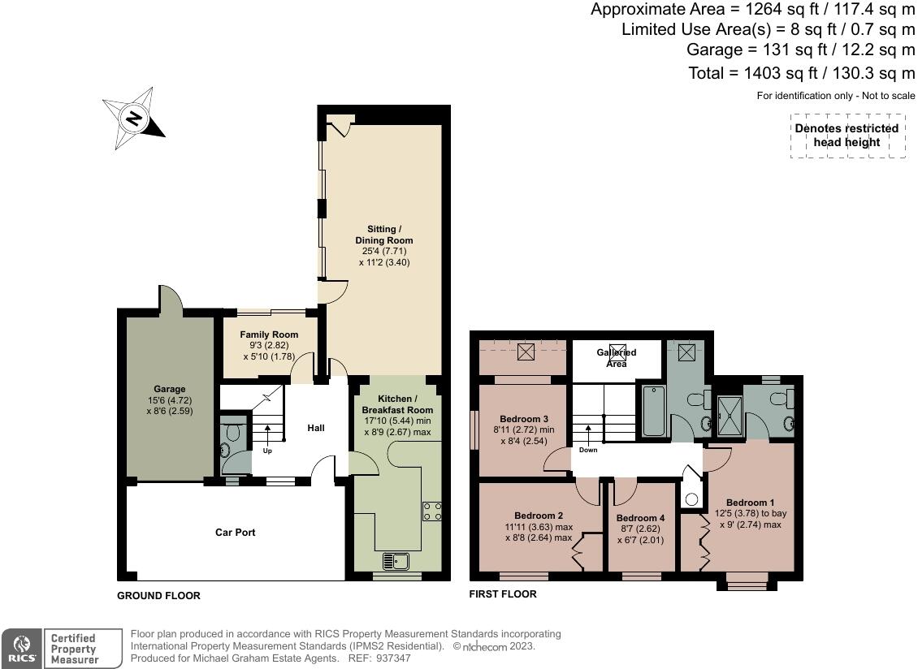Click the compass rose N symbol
[x=134, y=119]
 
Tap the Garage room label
[x=169, y=389]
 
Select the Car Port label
[x=236, y=532]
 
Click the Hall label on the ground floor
[x=316, y=428]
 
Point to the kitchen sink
[x=396, y=561]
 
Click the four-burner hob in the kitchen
[x=432, y=511]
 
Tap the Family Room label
[x=269, y=334]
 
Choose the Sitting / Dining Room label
[x=384, y=235]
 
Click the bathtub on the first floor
[x=653, y=411]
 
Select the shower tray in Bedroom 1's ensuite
[x=730, y=417]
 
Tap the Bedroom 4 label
[x=640, y=518]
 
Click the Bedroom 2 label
[x=539, y=516]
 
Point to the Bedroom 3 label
[x=524, y=419]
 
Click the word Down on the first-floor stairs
[x=588, y=450]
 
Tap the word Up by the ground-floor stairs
[x=267, y=451]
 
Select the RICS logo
[x=22, y=649]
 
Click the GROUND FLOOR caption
[x=158, y=596]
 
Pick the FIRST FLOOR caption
[x=503, y=594]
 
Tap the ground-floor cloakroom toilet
[x=234, y=432]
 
